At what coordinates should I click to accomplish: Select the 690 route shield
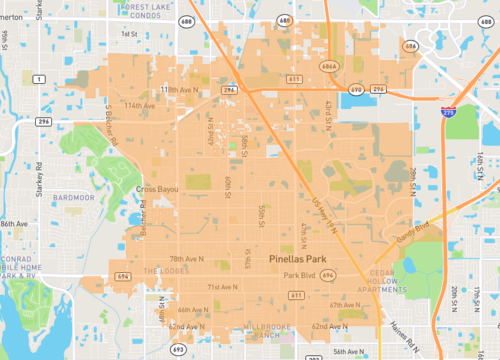point(356,90)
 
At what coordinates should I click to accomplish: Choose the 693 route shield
point(178,348)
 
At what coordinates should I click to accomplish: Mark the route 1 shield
point(38,78)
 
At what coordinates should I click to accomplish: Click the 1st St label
point(128,33)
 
